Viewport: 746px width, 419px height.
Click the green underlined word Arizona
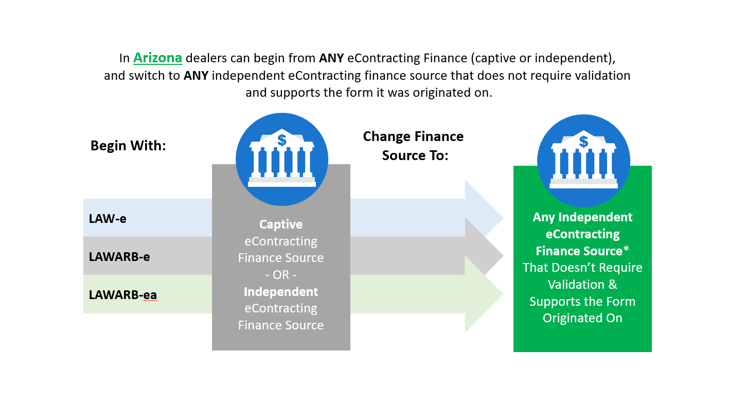click(157, 58)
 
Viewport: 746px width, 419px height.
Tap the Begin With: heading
click(128, 146)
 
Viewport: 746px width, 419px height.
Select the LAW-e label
click(108, 219)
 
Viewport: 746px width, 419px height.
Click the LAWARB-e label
click(119, 257)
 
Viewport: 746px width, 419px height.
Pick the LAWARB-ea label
click(122, 294)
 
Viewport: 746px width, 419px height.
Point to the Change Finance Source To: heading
click(413, 146)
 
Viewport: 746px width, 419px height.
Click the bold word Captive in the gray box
click(281, 224)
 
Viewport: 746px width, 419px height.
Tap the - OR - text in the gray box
click(281, 275)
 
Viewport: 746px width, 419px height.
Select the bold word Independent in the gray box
click(281, 292)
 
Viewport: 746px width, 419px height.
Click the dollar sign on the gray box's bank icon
click(282, 140)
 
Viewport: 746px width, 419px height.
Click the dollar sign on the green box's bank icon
click(583, 142)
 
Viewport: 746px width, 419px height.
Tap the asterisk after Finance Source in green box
click(626, 249)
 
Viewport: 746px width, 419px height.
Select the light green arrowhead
click(484, 294)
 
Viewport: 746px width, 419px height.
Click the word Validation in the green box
click(576, 285)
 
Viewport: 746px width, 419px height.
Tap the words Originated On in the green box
click(582, 318)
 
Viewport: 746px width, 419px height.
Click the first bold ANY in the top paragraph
click(331, 58)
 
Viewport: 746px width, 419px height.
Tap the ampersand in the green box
click(613, 285)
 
